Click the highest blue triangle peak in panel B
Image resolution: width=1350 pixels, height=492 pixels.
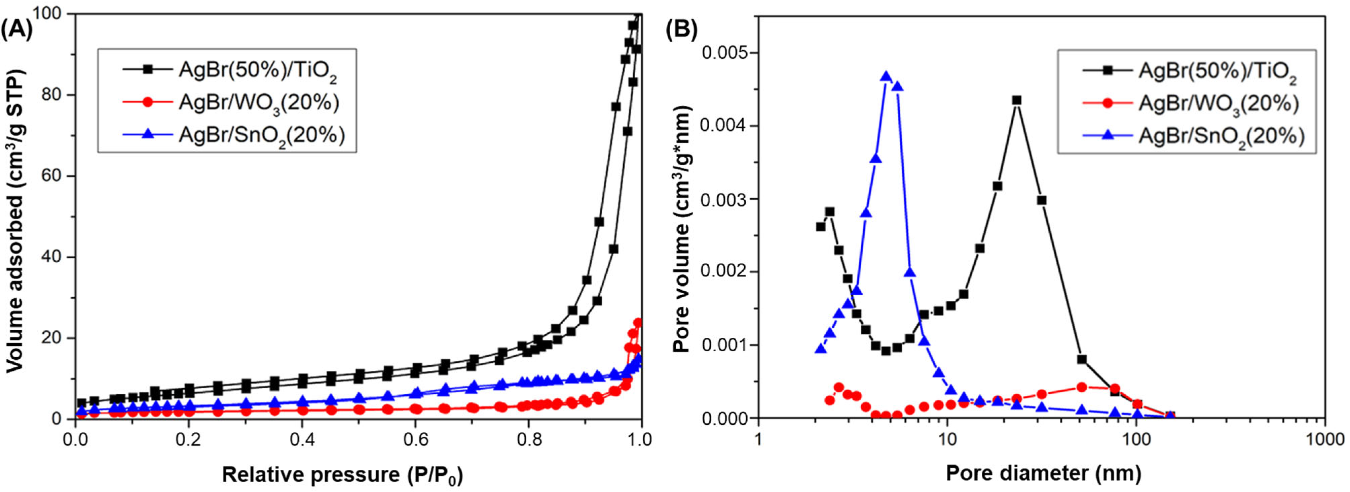point(886,76)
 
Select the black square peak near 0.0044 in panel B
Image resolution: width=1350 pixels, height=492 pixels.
point(1017,100)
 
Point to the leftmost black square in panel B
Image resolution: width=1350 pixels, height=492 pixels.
point(820,227)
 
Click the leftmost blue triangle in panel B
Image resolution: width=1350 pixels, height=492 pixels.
point(820,349)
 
